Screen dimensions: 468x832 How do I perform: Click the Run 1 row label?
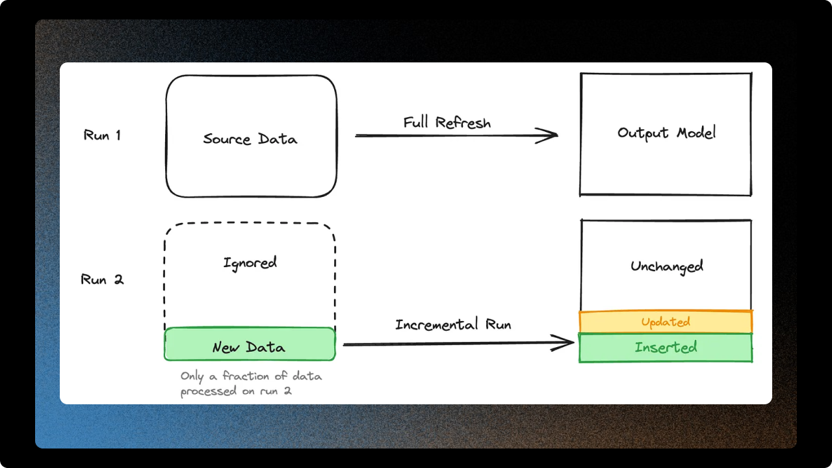(102, 135)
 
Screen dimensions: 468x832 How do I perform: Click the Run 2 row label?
(102, 279)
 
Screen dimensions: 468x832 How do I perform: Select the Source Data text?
(250, 139)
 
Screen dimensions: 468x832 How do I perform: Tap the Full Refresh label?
(447, 123)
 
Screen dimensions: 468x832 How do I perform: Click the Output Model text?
(666, 133)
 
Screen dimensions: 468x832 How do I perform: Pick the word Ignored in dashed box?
(250, 263)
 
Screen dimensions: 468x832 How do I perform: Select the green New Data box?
(250, 344)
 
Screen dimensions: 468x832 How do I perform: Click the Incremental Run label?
(453, 324)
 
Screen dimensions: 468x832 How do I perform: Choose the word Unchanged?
(666, 266)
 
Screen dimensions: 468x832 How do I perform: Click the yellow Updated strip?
(666, 322)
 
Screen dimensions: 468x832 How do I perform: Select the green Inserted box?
(666, 348)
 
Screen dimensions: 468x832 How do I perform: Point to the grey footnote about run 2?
(251, 383)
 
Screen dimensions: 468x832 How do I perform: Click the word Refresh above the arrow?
(463, 123)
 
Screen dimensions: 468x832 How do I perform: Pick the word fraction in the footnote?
(244, 376)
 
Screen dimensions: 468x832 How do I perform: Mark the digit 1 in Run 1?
(117, 135)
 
